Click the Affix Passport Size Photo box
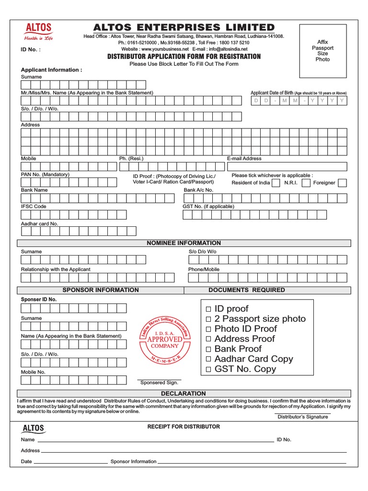[322, 51]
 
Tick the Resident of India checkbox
[276, 183]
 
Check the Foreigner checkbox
[343, 183]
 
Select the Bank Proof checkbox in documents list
[208, 350]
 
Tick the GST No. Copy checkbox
[208, 370]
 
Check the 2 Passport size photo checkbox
[208, 319]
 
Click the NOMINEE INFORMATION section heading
[184, 243]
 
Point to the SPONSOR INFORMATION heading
[101, 290]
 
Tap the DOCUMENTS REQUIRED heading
[246, 290]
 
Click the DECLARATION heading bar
[184, 393]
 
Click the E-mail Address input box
[287, 167]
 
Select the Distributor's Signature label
[303, 417]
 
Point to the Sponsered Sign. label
[159, 383]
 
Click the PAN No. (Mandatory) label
[45, 175]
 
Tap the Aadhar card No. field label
[39, 223]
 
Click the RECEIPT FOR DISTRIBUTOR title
[184, 426]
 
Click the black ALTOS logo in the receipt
[34, 428]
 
